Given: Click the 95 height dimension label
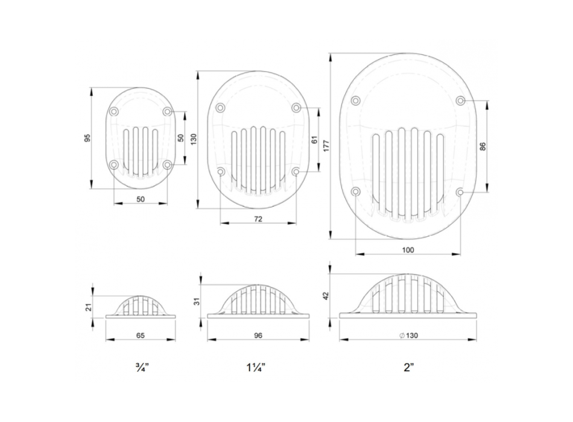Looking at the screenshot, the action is click(x=87, y=138).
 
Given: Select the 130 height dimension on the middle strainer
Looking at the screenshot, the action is click(x=194, y=139).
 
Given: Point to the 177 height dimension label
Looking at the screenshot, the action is click(x=326, y=146).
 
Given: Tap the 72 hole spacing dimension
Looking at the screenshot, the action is click(x=258, y=219).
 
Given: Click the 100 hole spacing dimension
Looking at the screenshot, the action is click(x=408, y=250).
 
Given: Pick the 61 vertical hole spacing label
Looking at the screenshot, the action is click(x=315, y=139).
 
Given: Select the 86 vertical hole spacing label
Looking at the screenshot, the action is click(x=483, y=146).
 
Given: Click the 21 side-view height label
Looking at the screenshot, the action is click(x=89, y=307).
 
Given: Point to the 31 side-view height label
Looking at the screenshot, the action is click(x=196, y=301).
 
